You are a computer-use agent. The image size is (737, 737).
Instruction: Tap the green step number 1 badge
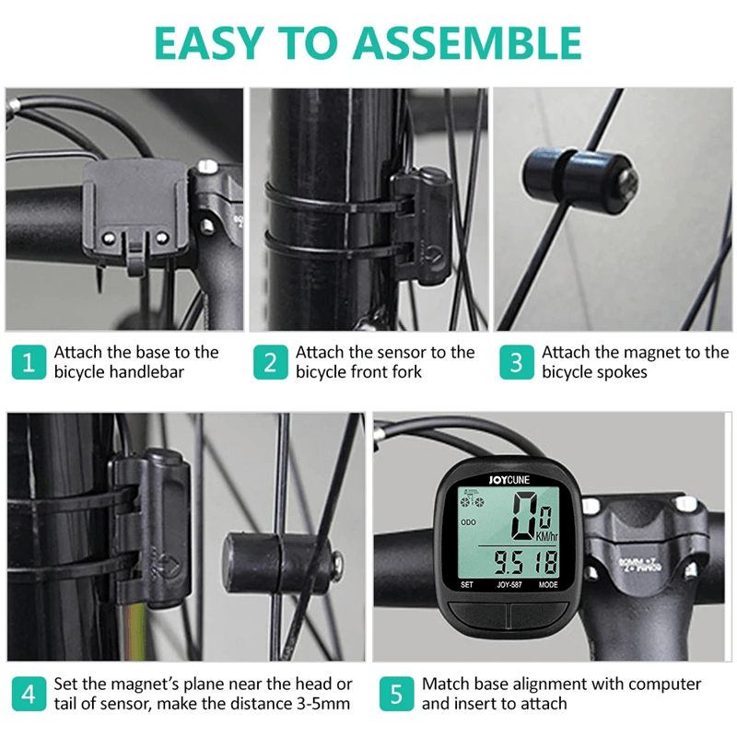[x=28, y=362]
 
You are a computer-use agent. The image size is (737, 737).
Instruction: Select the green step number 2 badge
[x=270, y=362]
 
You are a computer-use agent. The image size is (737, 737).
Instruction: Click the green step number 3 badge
[x=516, y=362]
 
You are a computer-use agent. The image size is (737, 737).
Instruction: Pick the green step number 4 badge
[x=28, y=694]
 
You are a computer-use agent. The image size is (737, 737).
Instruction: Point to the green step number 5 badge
[x=396, y=694]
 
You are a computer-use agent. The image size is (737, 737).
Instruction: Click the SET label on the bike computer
[x=466, y=584]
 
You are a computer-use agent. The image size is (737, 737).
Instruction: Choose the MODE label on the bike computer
[x=548, y=584]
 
